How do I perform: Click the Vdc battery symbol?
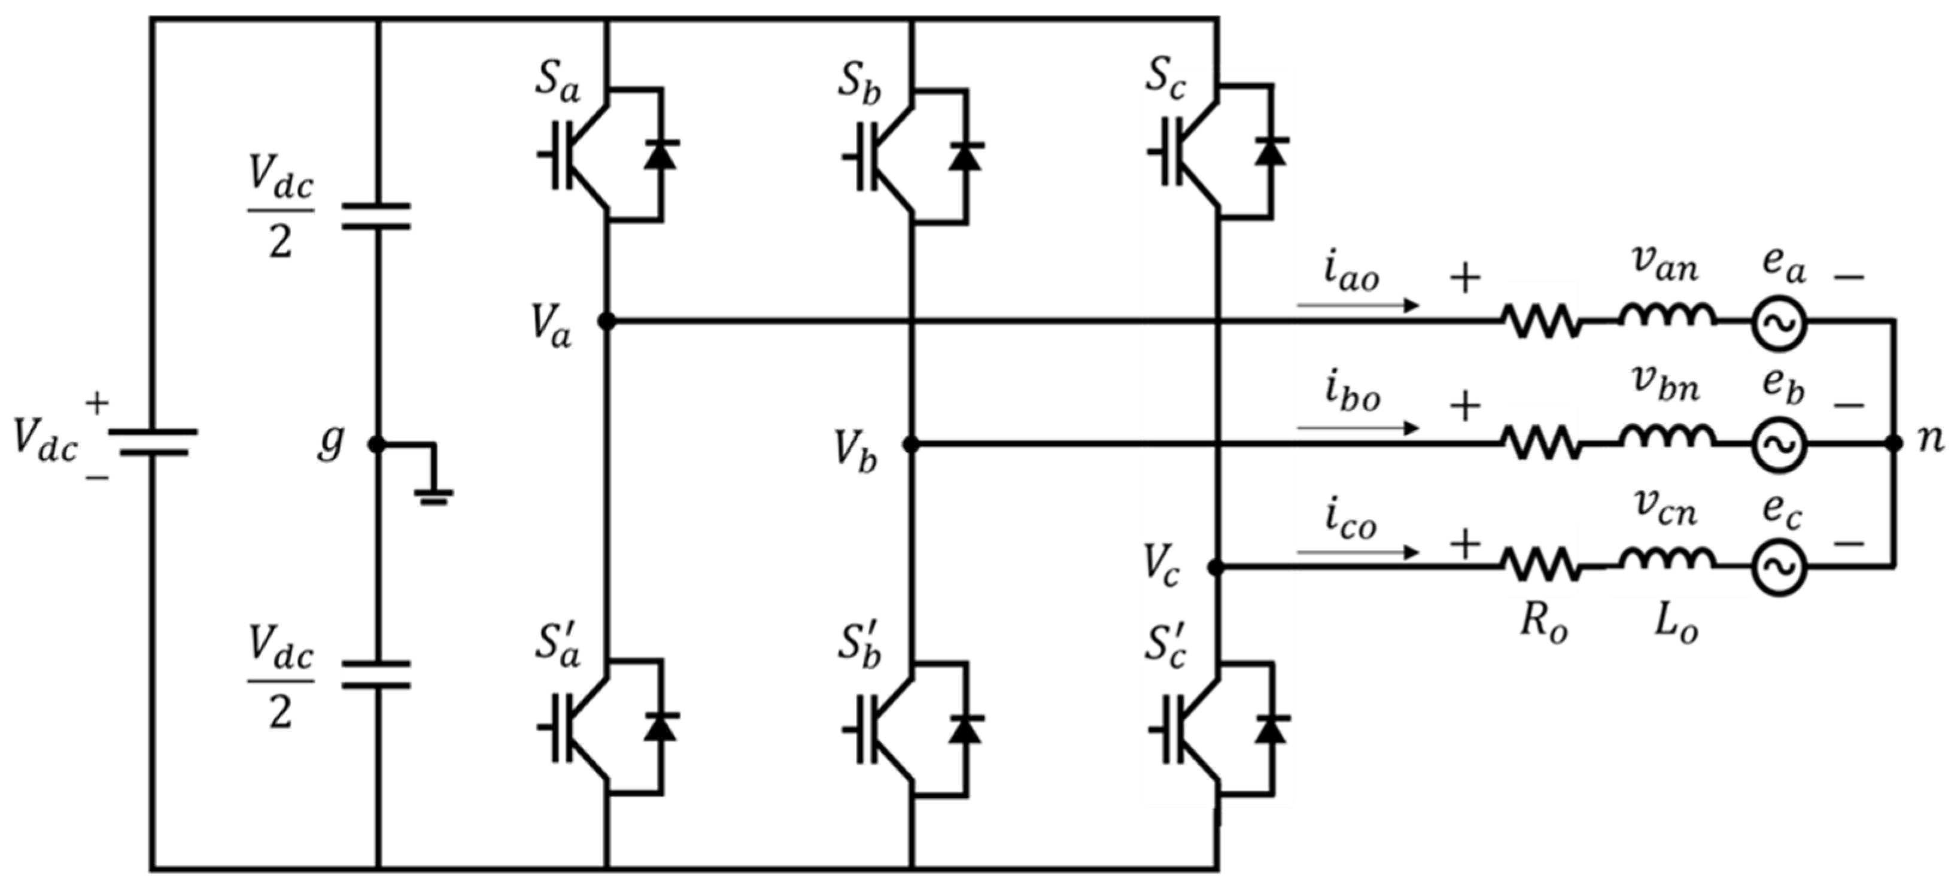point(152,442)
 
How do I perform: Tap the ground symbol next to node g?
point(433,495)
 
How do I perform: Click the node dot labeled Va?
point(606,321)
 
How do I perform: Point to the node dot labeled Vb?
point(911,445)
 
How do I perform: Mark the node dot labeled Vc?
point(1215,567)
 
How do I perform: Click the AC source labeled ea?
point(1779,322)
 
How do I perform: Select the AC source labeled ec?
point(1779,567)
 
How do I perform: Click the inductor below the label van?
point(1667,316)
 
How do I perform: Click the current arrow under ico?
point(1357,552)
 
